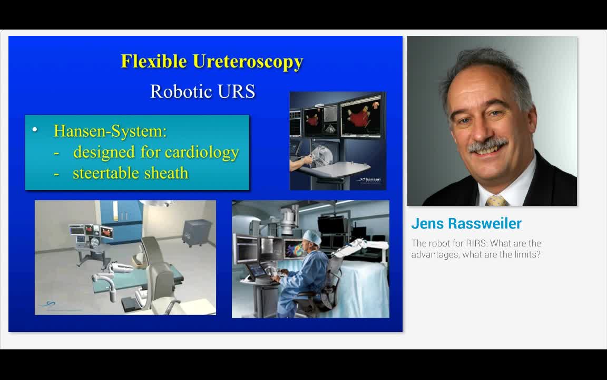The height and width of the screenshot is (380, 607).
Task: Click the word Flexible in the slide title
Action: pyautogui.click(x=154, y=61)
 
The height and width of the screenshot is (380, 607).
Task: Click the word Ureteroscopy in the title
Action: pyautogui.click(x=248, y=62)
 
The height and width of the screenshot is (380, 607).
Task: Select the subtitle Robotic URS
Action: pyautogui.click(x=202, y=91)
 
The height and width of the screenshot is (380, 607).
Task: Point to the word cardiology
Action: pyautogui.click(x=202, y=152)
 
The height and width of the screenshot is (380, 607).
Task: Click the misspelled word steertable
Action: pyautogui.click(x=103, y=173)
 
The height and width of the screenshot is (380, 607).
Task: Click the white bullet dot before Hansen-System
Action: pyautogui.click(x=35, y=129)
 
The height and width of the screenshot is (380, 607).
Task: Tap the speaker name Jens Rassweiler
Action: pyautogui.click(x=466, y=223)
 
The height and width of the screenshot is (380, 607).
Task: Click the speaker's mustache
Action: pyautogui.click(x=487, y=145)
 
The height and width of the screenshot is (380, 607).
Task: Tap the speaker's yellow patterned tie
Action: pyautogui.click(x=496, y=200)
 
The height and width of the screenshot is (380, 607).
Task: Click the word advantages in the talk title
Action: pyautogui.click(x=435, y=254)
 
